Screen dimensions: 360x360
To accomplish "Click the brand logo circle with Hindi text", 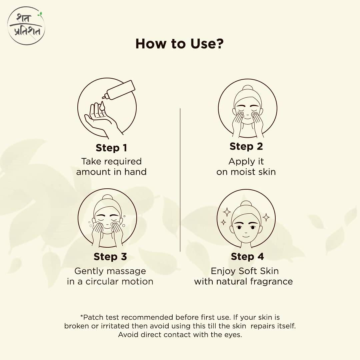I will (x=26, y=26).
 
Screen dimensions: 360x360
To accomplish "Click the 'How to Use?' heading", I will (x=179, y=44).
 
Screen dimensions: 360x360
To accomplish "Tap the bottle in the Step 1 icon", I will (x=120, y=89).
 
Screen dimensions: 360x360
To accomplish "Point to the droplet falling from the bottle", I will (x=102, y=106).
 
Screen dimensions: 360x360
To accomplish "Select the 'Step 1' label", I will (x=111, y=148).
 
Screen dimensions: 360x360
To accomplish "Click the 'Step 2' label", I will (x=246, y=146).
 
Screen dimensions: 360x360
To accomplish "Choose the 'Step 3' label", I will (x=110, y=257).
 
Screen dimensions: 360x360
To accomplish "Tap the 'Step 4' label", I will (x=247, y=257).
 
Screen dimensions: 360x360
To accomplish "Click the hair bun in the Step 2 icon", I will (x=247, y=88).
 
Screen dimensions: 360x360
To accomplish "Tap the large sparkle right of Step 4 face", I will (x=266, y=217).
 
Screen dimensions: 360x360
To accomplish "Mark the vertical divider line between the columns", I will (x=180, y=180).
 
